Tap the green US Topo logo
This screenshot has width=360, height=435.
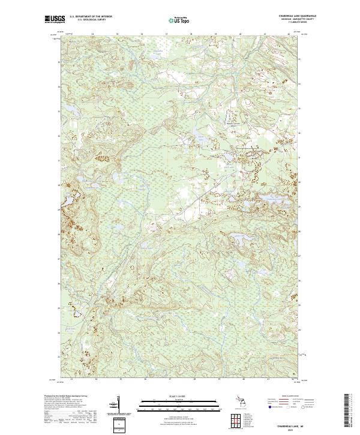pos(175,20)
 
